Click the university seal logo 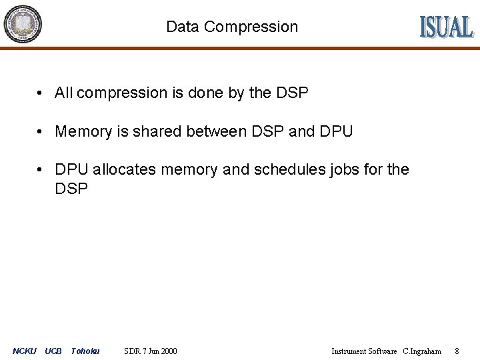coord(23,24)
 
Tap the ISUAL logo coord(446,27)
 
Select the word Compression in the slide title coord(251,27)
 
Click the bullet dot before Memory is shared coord(41,131)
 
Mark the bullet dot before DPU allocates coord(41,169)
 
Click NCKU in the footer coord(25,351)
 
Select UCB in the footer coord(53,351)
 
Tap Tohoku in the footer coord(85,351)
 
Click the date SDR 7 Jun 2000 coord(151,351)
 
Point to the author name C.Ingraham coord(422,351)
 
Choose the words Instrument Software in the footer coord(364,351)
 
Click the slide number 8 coord(457,351)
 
